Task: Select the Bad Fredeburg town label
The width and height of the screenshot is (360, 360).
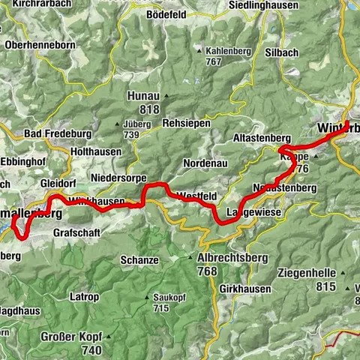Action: pos(58,133)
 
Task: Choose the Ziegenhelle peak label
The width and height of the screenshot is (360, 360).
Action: pos(308,272)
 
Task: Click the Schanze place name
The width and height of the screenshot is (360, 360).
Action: pos(139,260)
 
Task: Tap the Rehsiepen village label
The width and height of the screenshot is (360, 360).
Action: pos(186,123)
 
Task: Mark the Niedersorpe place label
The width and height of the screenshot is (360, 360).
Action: pos(118,178)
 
